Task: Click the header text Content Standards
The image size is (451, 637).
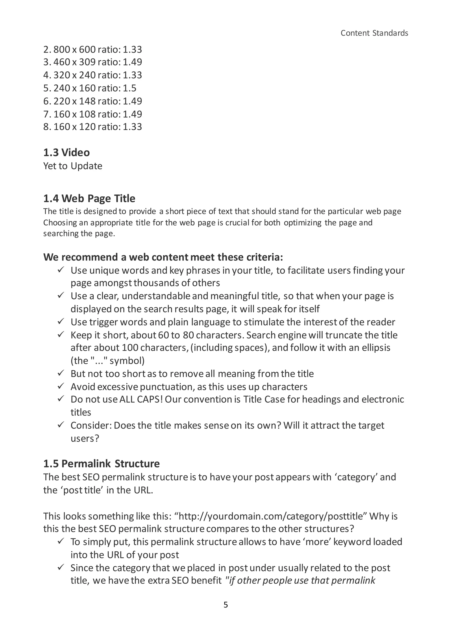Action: [x=374, y=33]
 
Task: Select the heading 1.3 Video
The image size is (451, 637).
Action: [x=66, y=153]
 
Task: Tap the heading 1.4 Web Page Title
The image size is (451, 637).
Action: [x=89, y=199]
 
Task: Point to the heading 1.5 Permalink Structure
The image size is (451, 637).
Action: [x=101, y=464]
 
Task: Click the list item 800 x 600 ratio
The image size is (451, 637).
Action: [x=92, y=49]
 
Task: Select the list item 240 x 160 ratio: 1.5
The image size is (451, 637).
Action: [x=90, y=88]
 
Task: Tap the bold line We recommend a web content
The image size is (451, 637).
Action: [x=163, y=257]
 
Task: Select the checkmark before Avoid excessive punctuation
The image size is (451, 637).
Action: [x=61, y=386]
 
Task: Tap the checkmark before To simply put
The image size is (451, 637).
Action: [x=61, y=541]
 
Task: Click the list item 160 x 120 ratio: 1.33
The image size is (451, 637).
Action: [x=92, y=127]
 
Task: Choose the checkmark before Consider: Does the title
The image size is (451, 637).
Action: [x=61, y=425]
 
